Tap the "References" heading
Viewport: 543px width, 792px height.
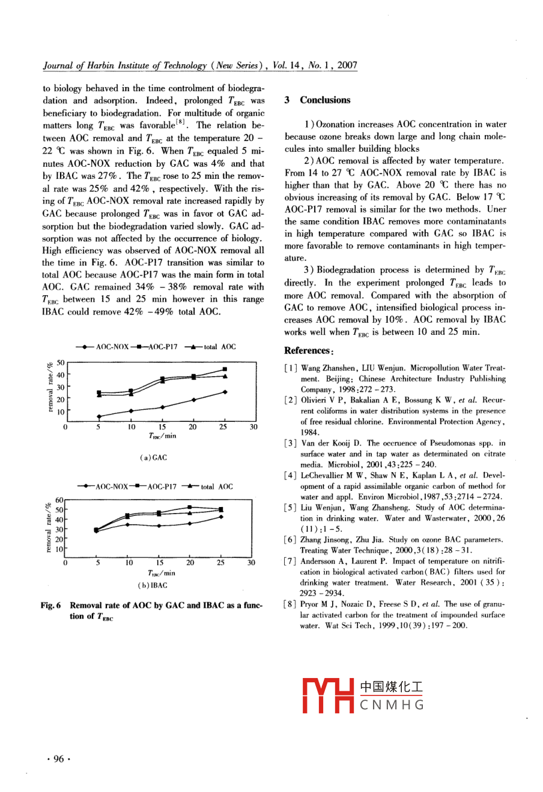coord(307,350)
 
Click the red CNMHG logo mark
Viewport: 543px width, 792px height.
coord(329,695)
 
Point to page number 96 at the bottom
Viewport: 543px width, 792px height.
coord(58,759)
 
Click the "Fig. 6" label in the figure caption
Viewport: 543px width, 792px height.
coord(50,606)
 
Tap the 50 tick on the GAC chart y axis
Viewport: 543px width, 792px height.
coord(60,363)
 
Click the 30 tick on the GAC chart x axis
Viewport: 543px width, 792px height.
coord(253,427)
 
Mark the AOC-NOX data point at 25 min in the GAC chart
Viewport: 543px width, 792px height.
coord(225,392)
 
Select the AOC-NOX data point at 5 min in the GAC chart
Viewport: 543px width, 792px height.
coord(99,416)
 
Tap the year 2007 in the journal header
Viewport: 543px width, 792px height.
coord(347,65)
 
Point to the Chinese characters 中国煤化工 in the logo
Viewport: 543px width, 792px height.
coord(391,688)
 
